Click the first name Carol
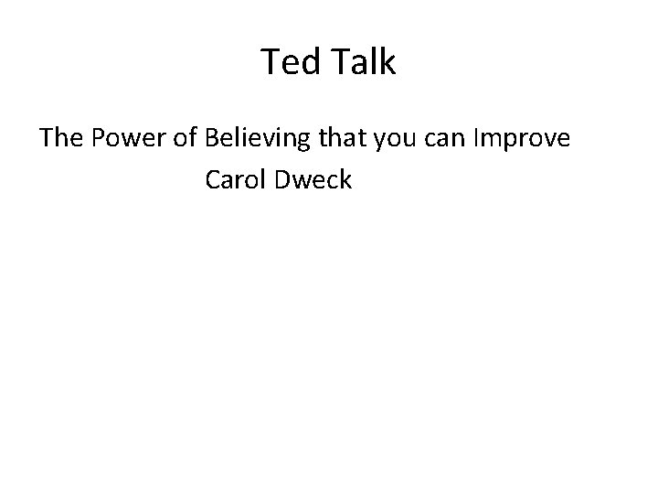coord(235,180)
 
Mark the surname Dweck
coord(313,180)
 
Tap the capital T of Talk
coord(335,62)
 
